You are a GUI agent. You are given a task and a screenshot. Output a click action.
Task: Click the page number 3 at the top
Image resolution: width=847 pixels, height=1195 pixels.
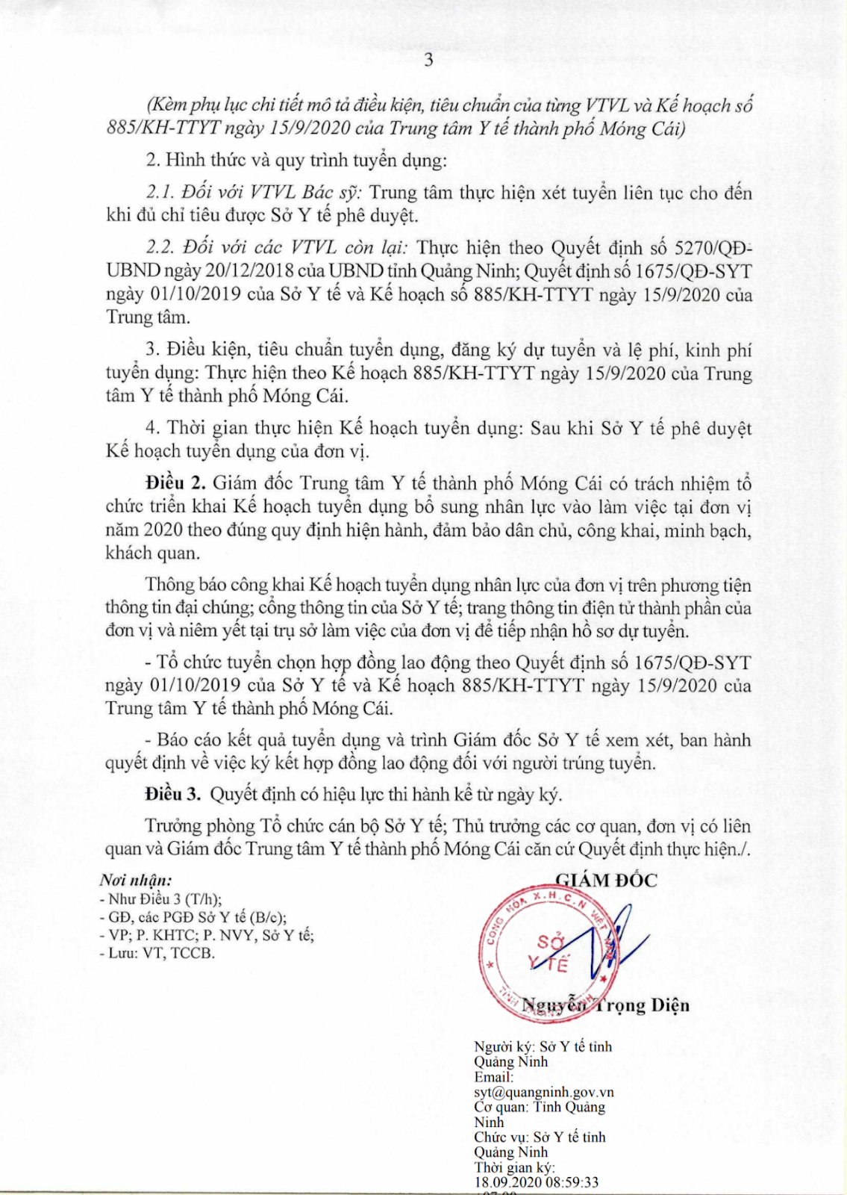pyautogui.click(x=428, y=60)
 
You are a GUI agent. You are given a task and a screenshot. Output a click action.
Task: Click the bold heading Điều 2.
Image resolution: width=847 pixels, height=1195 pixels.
pyautogui.click(x=175, y=483)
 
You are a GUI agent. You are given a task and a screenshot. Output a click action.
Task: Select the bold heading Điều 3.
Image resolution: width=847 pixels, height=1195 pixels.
pyautogui.click(x=173, y=794)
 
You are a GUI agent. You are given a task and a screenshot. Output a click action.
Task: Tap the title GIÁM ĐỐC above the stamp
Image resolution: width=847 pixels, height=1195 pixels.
pyautogui.click(x=607, y=880)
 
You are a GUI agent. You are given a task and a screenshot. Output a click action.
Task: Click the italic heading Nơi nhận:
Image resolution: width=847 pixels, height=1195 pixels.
pyautogui.click(x=135, y=880)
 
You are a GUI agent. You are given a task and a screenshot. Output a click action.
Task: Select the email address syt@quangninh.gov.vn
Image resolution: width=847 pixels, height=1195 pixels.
pyautogui.click(x=544, y=1092)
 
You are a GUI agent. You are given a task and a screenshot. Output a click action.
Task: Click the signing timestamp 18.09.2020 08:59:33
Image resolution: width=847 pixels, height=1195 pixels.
pyautogui.click(x=537, y=1182)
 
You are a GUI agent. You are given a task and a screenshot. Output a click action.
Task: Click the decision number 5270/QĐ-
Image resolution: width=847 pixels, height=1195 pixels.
pyautogui.click(x=713, y=248)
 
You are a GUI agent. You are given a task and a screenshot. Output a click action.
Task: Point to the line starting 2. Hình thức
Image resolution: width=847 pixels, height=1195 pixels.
pyautogui.click(x=296, y=160)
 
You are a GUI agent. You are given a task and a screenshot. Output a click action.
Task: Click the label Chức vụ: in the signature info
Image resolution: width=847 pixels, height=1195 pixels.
pyautogui.click(x=501, y=1137)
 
